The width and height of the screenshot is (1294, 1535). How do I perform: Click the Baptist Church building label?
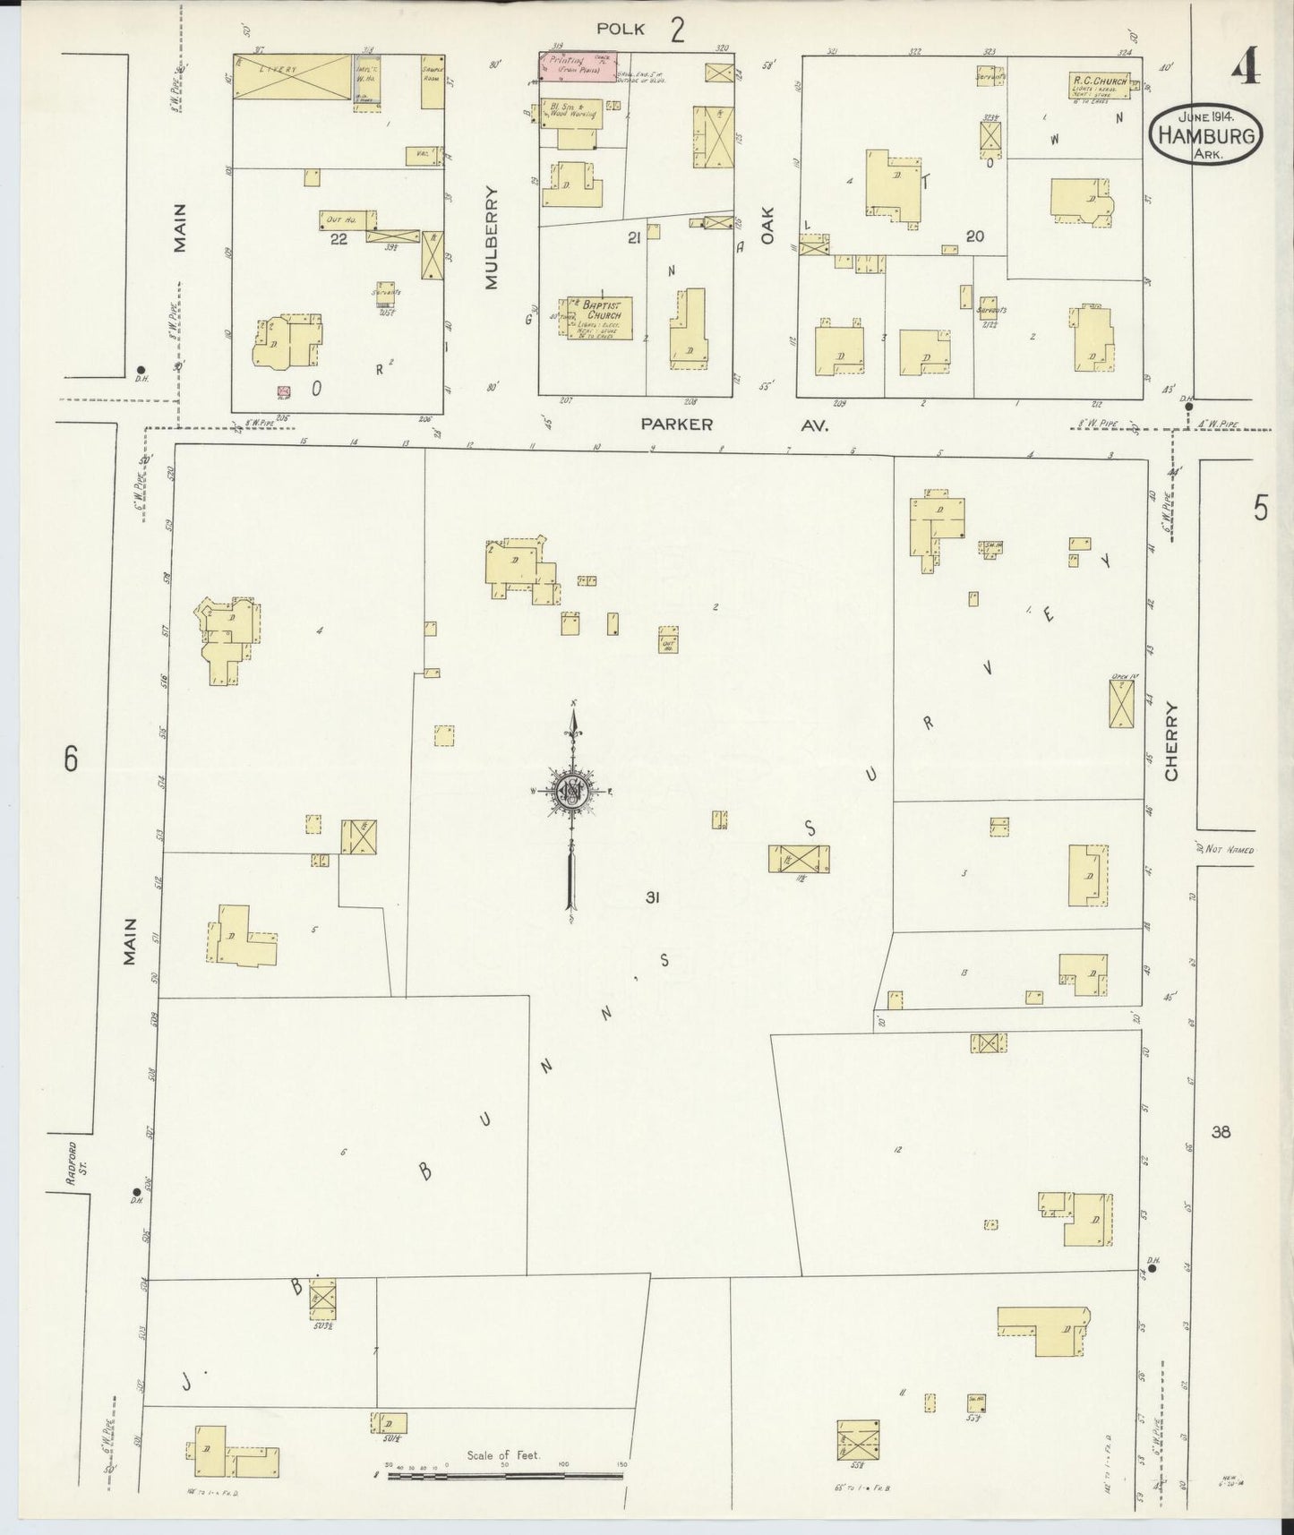[602, 310]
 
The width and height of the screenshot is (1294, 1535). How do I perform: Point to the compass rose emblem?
[570, 792]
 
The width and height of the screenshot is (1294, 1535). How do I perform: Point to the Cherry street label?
[1171, 741]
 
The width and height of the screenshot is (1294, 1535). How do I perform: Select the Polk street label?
[621, 30]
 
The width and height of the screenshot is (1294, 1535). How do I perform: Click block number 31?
[651, 896]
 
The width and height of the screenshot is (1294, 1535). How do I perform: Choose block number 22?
[338, 238]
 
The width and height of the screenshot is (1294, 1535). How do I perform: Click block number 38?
[1221, 1132]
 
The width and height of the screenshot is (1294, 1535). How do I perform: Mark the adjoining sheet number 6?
[71, 759]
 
